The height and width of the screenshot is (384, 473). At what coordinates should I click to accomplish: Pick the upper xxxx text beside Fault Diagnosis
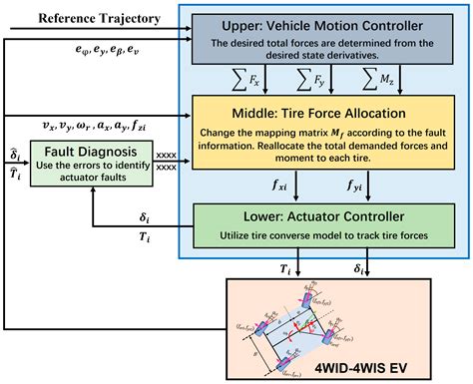167,155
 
